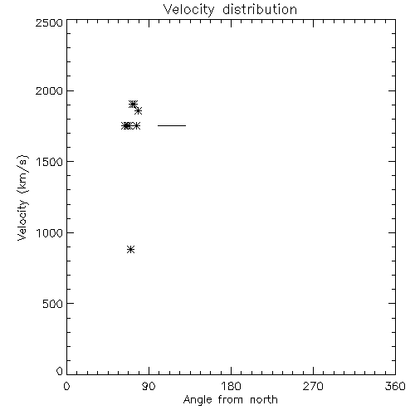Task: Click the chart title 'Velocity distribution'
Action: [230, 9]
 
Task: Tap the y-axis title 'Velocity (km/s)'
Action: [22, 198]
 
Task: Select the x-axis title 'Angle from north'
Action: [231, 400]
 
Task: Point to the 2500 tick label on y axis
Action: [49, 22]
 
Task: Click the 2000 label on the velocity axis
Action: [49, 90]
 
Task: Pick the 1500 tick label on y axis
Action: [50, 162]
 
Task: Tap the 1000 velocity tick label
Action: [50, 233]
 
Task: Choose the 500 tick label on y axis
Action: [53, 304]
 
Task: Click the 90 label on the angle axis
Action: [149, 386]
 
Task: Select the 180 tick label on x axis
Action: [231, 386]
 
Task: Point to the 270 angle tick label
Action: [313, 386]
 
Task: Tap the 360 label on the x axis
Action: [395, 386]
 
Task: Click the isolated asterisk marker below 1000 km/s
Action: [130, 250]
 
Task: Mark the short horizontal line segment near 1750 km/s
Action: [172, 125]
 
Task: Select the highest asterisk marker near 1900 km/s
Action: [133, 104]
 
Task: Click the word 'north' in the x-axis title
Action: [264, 400]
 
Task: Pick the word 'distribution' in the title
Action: [260, 9]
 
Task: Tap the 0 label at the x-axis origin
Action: [66, 386]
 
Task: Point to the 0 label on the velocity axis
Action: [60, 371]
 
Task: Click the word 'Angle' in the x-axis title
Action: [198, 400]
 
